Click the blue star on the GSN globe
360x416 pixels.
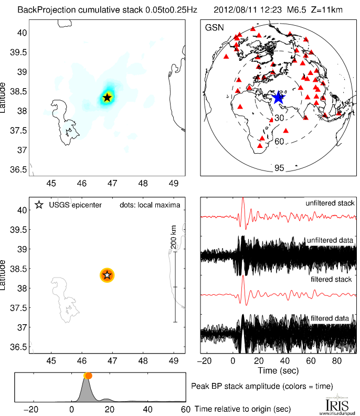click(278, 97)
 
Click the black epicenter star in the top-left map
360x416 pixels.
click(107, 97)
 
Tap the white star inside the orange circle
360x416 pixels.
click(107, 275)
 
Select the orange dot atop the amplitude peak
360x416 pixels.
click(88, 376)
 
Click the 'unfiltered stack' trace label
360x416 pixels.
click(330, 203)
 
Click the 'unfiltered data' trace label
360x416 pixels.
click(331, 240)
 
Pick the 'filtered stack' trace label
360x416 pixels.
click(332, 280)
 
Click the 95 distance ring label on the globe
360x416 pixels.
click(279, 168)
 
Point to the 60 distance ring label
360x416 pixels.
click(279, 142)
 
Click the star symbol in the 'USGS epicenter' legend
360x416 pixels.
click(38, 205)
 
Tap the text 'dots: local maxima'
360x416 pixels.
click(150, 205)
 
